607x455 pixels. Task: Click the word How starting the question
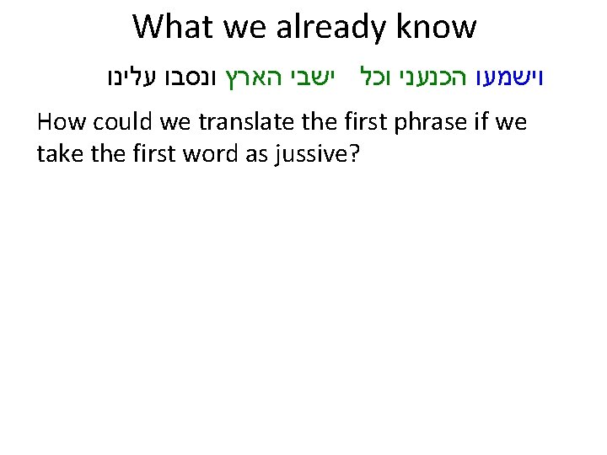61,123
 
